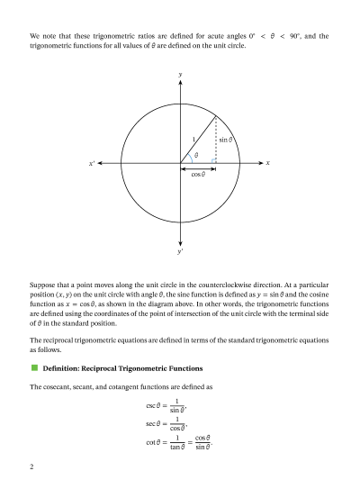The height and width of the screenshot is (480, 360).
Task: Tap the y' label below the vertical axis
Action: point(181,253)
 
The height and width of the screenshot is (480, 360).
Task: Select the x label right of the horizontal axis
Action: point(267,163)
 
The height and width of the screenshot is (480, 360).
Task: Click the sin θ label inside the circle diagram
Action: point(225,140)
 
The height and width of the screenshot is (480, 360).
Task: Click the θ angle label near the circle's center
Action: point(196,155)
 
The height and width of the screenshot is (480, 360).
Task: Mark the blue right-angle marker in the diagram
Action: point(212,160)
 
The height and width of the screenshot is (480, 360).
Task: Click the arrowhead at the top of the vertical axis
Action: point(181,83)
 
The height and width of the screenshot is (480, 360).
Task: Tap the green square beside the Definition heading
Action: point(34,368)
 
